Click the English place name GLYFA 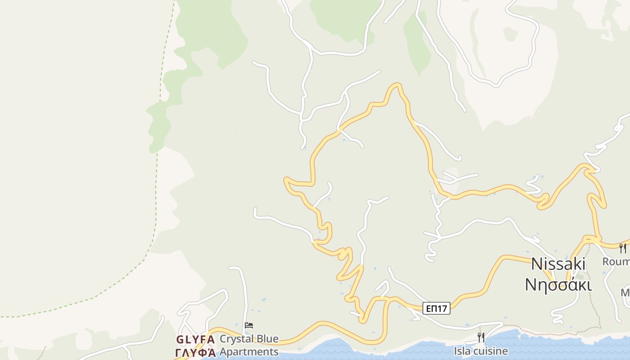(x=195, y=339)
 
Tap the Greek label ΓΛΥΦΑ (x=195, y=352)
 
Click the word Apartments (x=249, y=351)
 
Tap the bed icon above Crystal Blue (x=248, y=325)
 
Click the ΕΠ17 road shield (x=436, y=308)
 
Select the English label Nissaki (x=558, y=264)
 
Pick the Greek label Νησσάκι (x=558, y=284)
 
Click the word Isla (x=463, y=351)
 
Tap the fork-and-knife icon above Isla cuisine (x=481, y=337)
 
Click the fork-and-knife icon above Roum (x=623, y=248)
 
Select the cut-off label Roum (x=616, y=261)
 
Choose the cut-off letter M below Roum (x=625, y=292)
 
